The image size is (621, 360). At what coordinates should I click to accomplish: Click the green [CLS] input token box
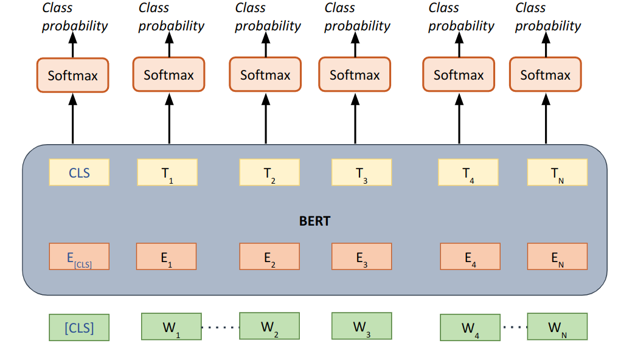click(79, 327)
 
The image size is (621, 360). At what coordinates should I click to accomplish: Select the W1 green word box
click(171, 327)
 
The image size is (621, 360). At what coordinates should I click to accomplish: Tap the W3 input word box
click(361, 326)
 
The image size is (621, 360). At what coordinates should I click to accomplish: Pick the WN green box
click(557, 327)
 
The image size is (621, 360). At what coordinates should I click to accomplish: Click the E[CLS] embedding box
click(79, 256)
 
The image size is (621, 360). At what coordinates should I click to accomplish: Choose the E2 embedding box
click(269, 256)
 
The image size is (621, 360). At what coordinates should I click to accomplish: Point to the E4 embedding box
click(470, 256)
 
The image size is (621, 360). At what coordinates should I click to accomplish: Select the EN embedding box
click(557, 256)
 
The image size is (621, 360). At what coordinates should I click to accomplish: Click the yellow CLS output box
click(79, 172)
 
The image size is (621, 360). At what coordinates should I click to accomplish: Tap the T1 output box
click(166, 172)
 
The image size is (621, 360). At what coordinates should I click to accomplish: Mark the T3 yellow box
click(361, 172)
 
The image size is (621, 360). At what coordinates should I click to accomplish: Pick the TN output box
click(557, 172)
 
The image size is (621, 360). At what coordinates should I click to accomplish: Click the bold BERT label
click(314, 221)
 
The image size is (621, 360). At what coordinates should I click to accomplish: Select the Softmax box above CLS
click(73, 75)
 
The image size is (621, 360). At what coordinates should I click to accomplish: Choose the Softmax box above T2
click(265, 75)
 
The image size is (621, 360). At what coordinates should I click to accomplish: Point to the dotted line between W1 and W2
click(220, 327)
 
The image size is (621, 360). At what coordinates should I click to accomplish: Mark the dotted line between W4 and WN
click(513, 327)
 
